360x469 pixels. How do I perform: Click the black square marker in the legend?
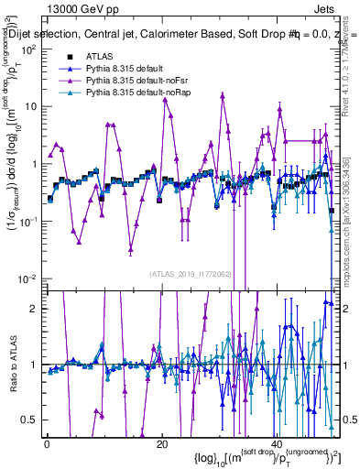70,56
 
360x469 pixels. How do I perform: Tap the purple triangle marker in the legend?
70,81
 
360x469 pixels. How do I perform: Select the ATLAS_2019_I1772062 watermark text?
191,273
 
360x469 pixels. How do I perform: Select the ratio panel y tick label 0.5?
30,420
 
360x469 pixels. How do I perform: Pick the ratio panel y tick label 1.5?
30,336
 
